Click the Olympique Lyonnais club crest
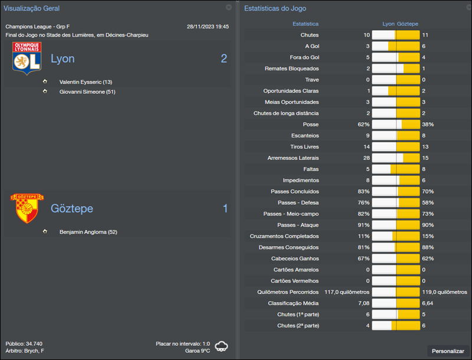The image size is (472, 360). click(x=27, y=58)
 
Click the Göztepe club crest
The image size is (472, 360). click(x=26, y=208)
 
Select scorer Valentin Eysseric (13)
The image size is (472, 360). click(x=86, y=82)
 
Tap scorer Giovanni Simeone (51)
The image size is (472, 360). click(x=87, y=91)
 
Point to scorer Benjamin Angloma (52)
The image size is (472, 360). click(x=88, y=232)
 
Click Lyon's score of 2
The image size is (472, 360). click(x=224, y=58)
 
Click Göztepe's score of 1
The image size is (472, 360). click(x=225, y=208)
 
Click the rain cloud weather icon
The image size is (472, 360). click(x=222, y=346)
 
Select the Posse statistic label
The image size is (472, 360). click(x=310, y=125)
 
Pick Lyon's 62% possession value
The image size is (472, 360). click(x=363, y=125)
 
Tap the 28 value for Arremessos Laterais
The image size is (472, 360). click(x=366, y=158)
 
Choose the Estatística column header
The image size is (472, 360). click(x=306, y=24)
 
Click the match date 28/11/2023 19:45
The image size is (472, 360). click(x=208, y=27)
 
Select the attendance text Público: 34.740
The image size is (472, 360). click(x=24, y=343)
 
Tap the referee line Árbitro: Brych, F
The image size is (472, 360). click(x=25, y=351)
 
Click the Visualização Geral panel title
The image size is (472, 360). click(x=32, y=9)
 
